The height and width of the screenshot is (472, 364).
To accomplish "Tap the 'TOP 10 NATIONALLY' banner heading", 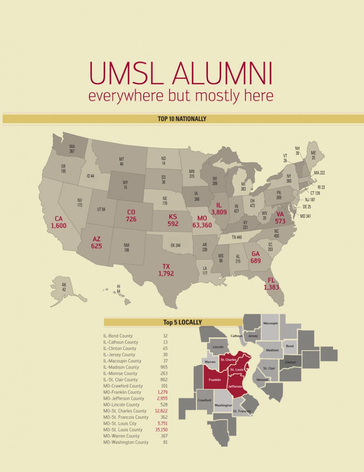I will tap(182, 119).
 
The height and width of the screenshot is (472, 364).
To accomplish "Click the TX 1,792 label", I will tap(166, 270).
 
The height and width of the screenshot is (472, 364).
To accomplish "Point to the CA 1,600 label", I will tap(59, 222).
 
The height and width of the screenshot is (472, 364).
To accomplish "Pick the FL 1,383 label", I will tap(271, 284).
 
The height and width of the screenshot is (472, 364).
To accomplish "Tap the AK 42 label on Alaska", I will tap(64, 287).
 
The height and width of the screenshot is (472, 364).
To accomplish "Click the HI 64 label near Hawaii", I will tap(118, 289).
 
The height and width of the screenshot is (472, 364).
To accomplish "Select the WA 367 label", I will tap(72, 148).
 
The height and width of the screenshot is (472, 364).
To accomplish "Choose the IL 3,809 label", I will tap(219, 208).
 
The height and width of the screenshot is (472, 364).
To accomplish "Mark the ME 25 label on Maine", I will tap(313, 155).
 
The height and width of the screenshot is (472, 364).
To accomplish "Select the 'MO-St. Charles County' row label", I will tap(125, 411).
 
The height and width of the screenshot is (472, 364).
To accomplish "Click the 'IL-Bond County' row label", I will tap(118, 336).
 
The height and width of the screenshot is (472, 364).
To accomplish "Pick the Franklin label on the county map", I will tap(215, 380).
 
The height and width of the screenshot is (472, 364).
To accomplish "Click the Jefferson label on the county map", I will tap(235, 386).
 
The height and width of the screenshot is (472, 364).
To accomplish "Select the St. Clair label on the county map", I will tap(269, 368).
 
